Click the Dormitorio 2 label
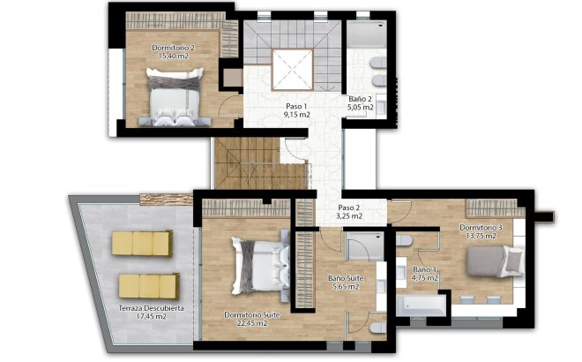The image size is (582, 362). tap(173, 47)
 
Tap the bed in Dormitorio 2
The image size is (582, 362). tap(175, 99)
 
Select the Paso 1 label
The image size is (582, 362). tap(295, 105)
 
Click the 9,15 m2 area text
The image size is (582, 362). tap(296, 115)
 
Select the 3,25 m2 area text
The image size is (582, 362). tap(350, 215)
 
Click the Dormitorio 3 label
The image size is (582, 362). tap(481, 228)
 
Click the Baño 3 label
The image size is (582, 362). tap(425, 269)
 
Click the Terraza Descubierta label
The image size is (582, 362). tap(151, 308)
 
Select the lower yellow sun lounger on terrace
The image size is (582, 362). tap(148, 284)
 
